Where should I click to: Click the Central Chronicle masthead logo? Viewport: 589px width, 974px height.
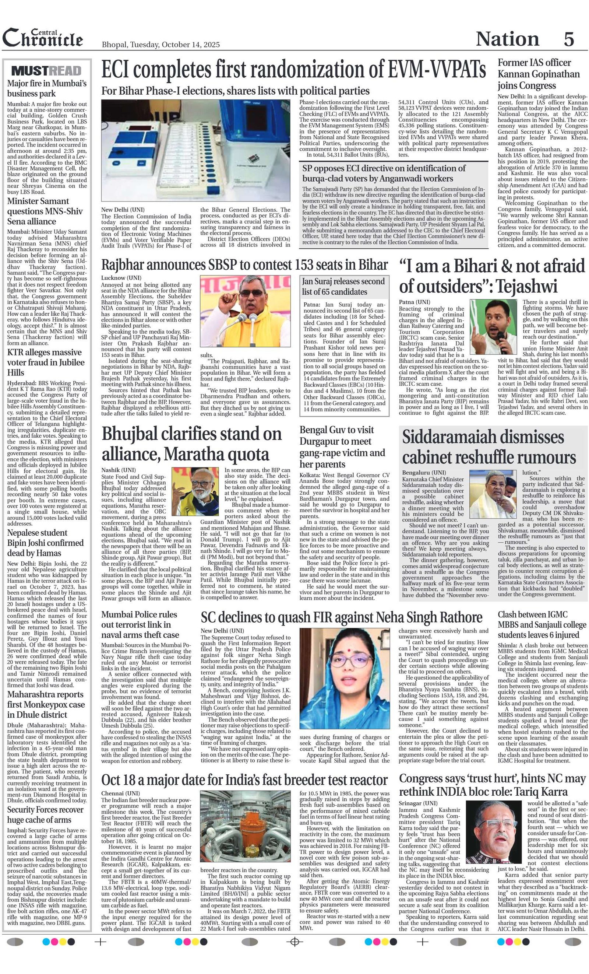click(43, 38)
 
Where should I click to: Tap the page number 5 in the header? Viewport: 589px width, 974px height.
click(568, 39)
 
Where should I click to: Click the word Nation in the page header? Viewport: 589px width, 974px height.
click(507, 39)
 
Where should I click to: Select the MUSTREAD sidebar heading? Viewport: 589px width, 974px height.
click(47, 71)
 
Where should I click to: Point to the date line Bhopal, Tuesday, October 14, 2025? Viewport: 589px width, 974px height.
click(161, 45)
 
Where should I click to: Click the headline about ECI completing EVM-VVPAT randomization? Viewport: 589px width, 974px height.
click(293, 70)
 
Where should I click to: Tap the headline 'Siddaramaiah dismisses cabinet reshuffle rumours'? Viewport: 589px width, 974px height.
click(489, 448)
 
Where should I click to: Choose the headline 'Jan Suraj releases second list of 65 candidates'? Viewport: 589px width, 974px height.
click(343, 287)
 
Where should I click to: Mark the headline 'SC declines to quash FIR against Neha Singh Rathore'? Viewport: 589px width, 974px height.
click(341, 617)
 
